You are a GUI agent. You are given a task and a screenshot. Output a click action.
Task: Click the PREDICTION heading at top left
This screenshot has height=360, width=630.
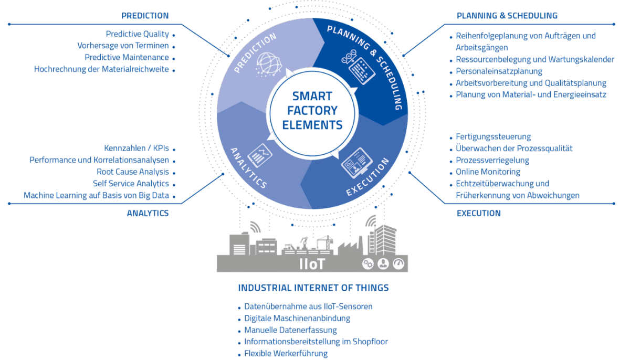point(145,15)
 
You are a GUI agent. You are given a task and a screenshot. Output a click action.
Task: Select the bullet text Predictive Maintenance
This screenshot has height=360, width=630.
point(127,57)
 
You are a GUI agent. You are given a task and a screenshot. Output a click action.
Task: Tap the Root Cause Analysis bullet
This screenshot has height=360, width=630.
point(133,172)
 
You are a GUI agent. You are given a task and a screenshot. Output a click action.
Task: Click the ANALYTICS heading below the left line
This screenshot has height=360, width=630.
point(148,213)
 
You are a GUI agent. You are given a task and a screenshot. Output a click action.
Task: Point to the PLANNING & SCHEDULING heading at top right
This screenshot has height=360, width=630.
point(507,15)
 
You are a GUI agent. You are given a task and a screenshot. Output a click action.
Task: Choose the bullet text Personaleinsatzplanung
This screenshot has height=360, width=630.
point(499,71)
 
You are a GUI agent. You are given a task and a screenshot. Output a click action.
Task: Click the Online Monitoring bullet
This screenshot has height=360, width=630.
point(488,172)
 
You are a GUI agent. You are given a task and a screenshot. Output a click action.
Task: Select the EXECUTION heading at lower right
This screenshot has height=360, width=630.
point(479,213)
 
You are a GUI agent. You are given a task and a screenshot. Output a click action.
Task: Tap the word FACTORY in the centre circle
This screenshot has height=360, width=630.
point(312,111)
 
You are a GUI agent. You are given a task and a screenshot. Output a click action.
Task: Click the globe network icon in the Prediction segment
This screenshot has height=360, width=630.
point(268,65)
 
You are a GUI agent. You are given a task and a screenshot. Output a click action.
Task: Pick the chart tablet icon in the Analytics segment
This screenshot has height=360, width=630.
point(260,155)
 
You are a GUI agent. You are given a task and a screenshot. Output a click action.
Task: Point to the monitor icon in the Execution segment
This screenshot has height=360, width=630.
point(356,163)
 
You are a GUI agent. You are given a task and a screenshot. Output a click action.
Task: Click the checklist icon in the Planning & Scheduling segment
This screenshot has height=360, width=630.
point(359,68)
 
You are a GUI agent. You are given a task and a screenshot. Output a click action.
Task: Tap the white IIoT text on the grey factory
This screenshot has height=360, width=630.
point(312,264)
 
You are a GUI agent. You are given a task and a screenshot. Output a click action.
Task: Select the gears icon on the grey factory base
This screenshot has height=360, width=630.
point(368,264)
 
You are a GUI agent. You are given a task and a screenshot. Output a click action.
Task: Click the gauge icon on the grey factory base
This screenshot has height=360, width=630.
point(398,264)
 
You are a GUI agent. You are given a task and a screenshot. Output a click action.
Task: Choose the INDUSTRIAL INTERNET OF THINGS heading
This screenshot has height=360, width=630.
point(313,288)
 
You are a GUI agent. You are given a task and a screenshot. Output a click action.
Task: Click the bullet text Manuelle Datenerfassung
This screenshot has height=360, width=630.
point(290,330)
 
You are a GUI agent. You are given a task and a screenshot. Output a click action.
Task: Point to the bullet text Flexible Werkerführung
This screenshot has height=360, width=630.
point(286,354)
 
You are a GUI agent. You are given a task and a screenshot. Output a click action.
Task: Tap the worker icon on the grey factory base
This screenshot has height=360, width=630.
point(383,264)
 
